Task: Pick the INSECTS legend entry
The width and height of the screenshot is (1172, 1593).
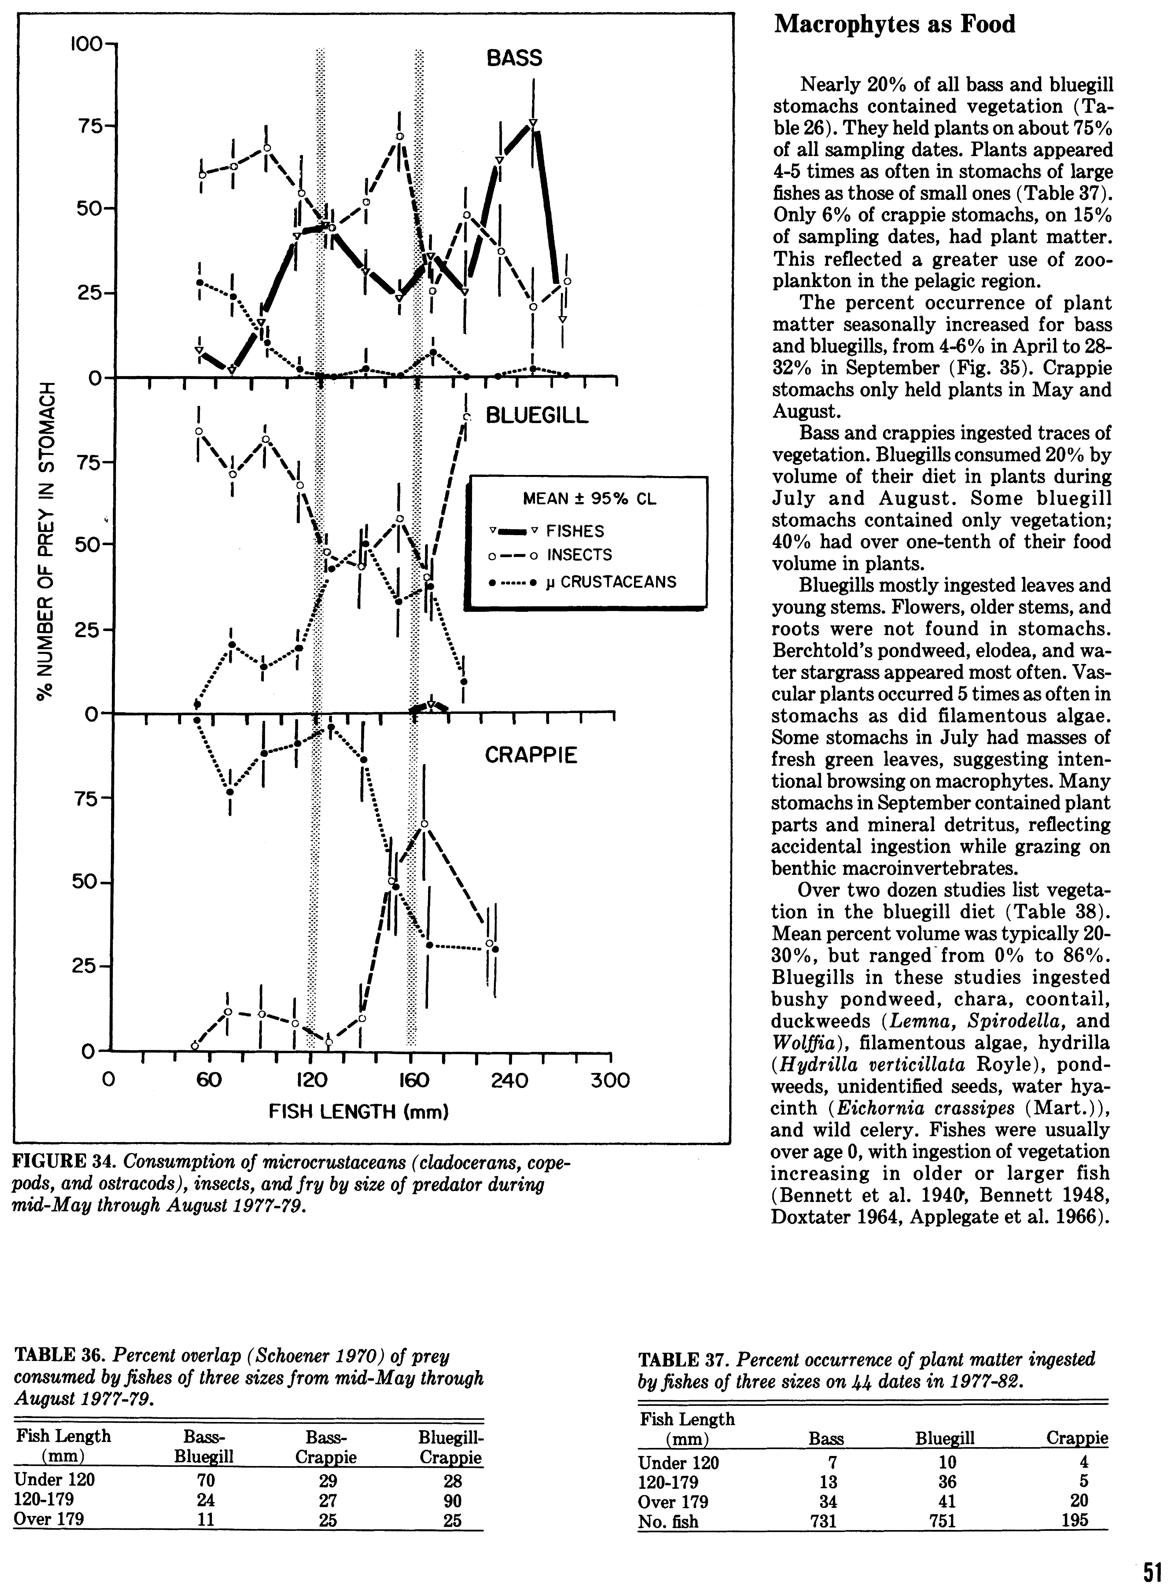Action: click(579, 555)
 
